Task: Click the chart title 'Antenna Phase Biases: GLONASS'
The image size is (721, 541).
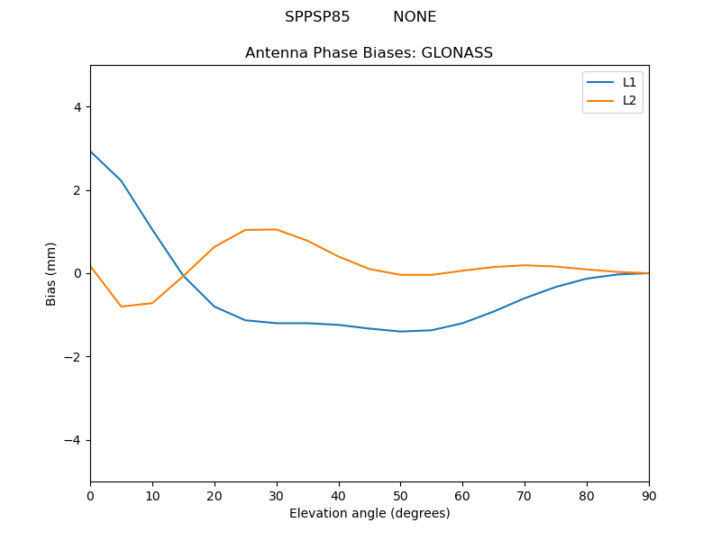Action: click(369, 53)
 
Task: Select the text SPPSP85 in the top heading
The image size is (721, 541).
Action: click(317, 17)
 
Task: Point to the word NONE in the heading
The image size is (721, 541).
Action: click(415, 17)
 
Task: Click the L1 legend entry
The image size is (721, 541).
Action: click(629, 82)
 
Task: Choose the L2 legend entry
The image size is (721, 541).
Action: click(629, 100)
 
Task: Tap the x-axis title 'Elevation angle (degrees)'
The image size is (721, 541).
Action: click(370, 514)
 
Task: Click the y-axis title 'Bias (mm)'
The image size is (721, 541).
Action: click(52, 273)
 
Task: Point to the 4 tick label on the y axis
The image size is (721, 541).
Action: click(77, 106)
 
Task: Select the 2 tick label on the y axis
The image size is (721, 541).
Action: click(77, 190)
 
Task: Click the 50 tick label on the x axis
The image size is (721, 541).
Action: click(400, 495)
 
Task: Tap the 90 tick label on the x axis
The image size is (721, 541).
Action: click(649, 495)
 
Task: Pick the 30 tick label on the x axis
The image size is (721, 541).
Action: click(277, 495)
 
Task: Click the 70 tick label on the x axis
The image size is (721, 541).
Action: click(525, 495)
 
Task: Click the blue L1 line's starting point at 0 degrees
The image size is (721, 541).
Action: click(91, 151)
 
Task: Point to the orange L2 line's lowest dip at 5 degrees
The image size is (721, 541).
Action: click(121, 307)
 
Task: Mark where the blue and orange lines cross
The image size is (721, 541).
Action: click(184, 276)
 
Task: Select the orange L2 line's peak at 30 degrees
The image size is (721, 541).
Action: click(277, 229)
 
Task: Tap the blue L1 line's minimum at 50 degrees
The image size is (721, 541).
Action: click(400, 332)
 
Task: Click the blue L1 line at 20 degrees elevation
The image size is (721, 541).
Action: click(214, 307)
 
